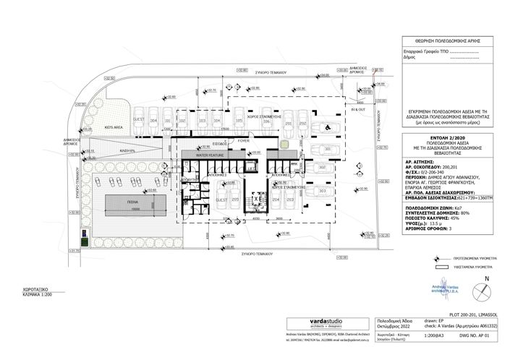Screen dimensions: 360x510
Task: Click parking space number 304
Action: tap(153, 121)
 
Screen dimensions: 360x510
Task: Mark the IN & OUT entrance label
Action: tap(359, 109)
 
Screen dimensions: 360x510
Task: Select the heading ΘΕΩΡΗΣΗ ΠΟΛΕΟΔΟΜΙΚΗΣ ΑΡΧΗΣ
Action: tap(444, 42)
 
